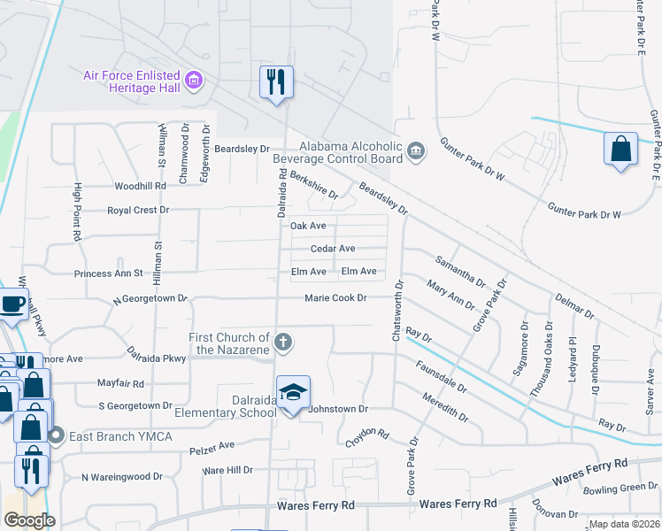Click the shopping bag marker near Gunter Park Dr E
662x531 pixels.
pyautogui.click(x=620, y=149)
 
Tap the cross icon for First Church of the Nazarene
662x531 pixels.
pyautogui.click(x=283, y=342)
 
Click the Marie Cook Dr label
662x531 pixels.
pyautogui.click(x=335, y=298)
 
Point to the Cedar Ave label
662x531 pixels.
pyautogui.click(x=333, y=249)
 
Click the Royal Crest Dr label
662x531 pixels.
pyautogui.click(x=137, y=211)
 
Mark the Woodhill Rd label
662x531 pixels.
pyautogui.click(x=140, y=187)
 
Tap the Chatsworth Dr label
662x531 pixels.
pyautogui.click(x=397, y=313)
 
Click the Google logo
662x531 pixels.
pyautogui.click(x=29, y=520)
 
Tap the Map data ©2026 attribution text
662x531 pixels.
pyautogui.click(x=624, y=524)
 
